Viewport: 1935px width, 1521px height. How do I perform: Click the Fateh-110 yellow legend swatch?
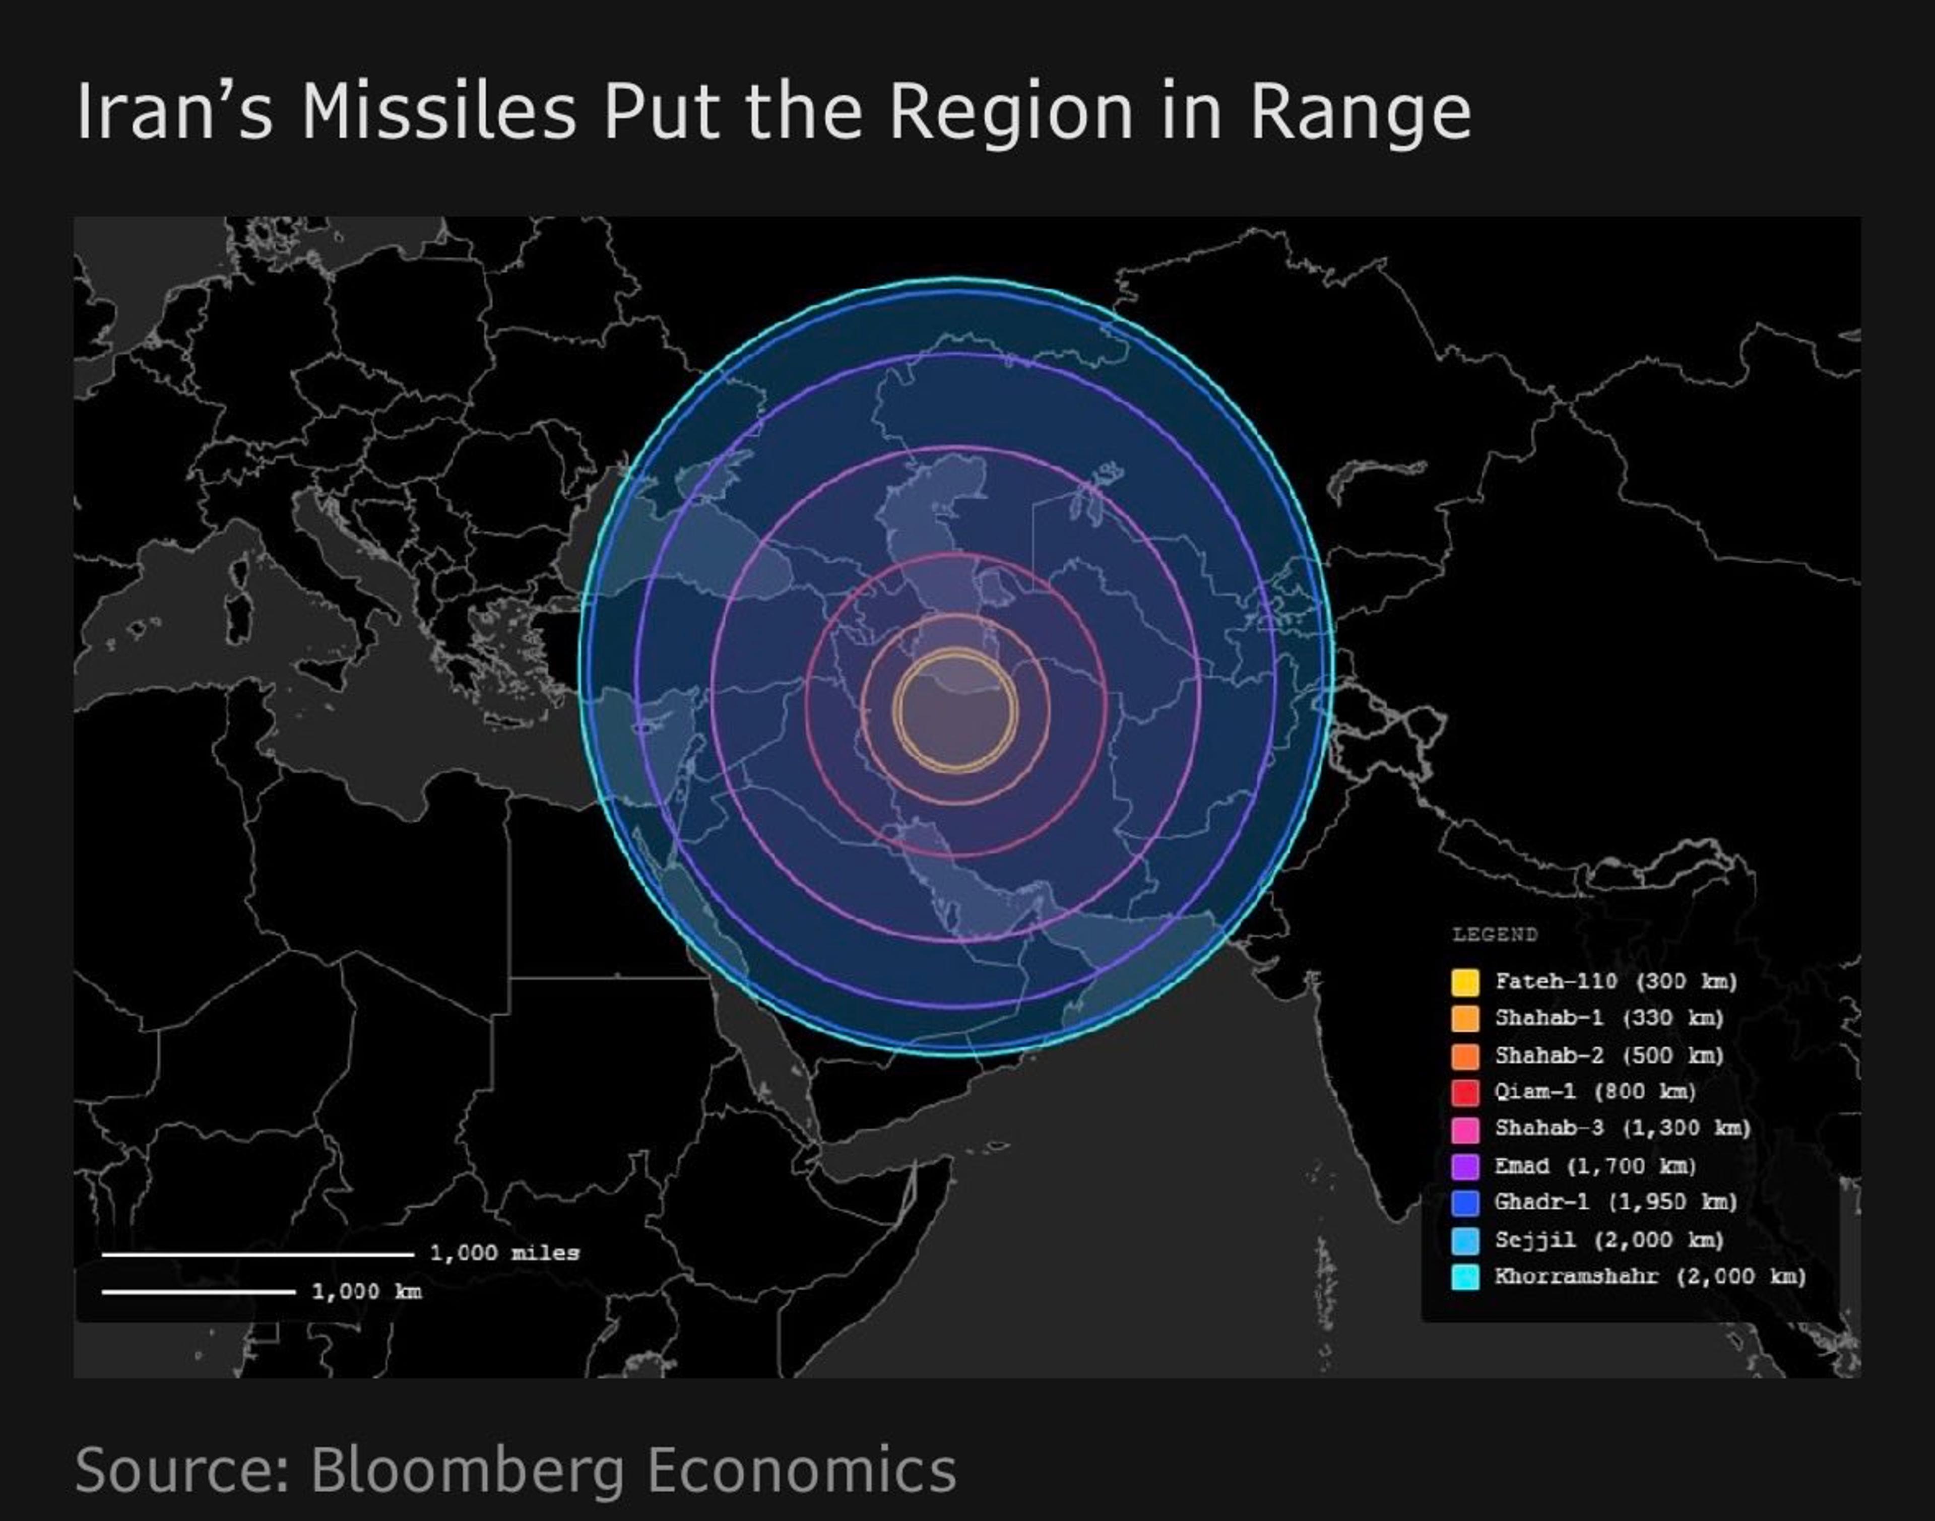point(1465,981)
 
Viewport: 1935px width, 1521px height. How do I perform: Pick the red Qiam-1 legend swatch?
point(1465,1092)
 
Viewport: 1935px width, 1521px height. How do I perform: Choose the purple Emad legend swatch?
point(1465,1166)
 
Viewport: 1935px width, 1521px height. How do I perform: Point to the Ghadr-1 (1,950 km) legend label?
point(1615,1202)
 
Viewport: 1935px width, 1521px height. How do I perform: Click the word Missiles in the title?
point(439,112)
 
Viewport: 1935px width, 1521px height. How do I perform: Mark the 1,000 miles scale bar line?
point(257,1254)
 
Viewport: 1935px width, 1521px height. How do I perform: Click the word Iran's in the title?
point(174,112)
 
